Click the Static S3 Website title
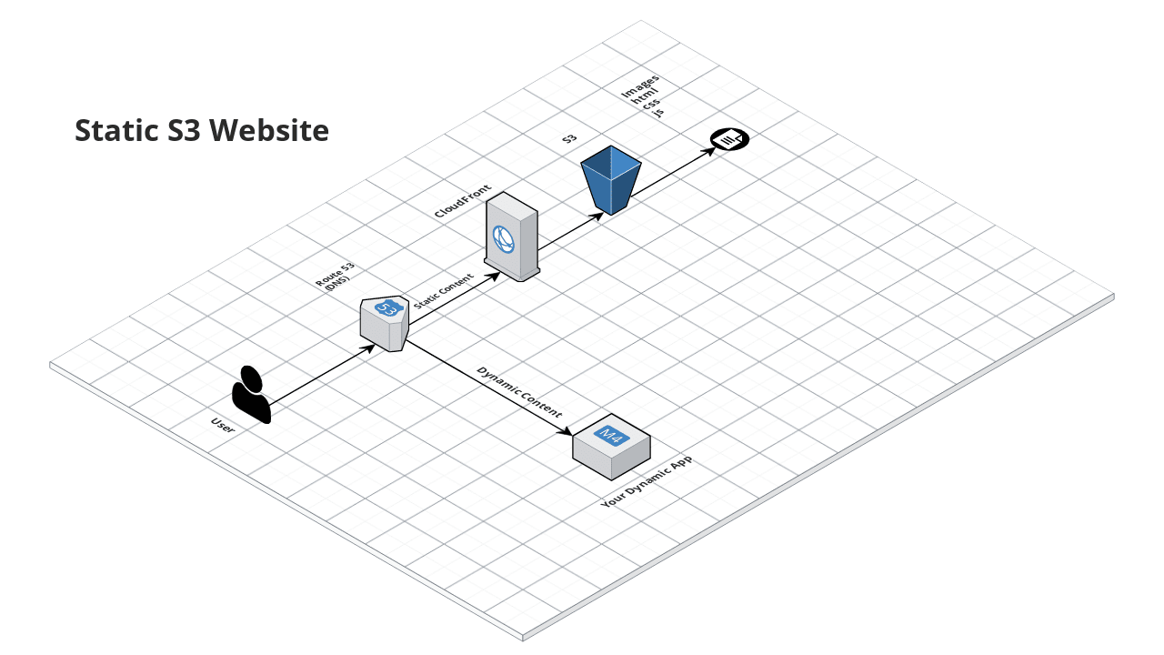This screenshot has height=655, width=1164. pos(201,131)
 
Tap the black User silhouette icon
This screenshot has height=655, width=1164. pos(250,395)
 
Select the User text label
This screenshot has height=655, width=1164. pos(223,423)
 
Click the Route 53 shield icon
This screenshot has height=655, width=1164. pos(385,323)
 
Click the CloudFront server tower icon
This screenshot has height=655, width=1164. pos(512,236)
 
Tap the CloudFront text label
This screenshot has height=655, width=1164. pos(463,200)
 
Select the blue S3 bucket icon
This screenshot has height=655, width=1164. pos(611,179)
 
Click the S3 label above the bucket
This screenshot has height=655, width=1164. pos(569,139)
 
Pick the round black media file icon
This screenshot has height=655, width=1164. pos(729,139)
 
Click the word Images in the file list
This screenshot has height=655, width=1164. pos(640,86)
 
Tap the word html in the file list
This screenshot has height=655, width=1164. pos(646,98)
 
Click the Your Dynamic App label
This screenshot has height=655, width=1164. pos(647,483)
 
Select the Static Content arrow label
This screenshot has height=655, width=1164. pos(444,291)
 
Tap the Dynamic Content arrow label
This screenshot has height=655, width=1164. pos(520,391)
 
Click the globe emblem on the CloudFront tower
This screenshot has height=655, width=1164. pos(504,238)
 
